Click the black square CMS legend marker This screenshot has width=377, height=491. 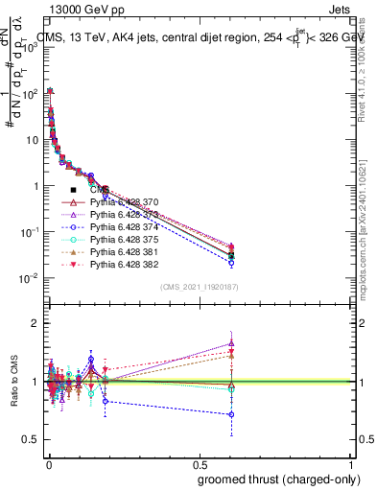pyautogui.click(x=73, y=190)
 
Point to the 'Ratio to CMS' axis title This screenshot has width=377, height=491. pyautogui.click(x=12, y=381)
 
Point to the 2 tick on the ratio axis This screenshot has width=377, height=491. pyautogui.click(x=35, y=323)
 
